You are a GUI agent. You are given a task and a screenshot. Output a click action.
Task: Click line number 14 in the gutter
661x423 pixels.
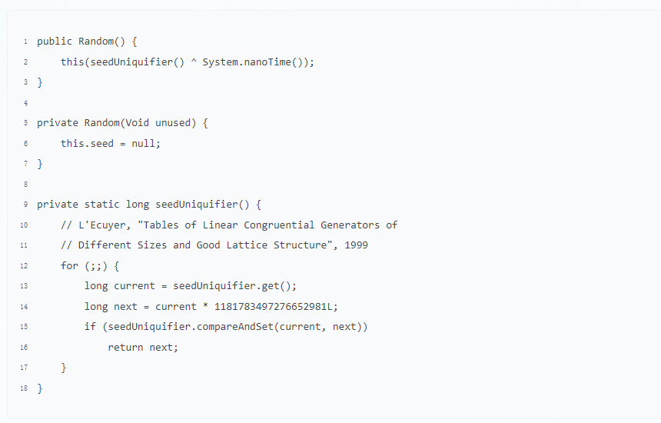[x=24, y=306]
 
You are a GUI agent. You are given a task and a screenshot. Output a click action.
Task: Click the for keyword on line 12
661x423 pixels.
[x=69, y=265]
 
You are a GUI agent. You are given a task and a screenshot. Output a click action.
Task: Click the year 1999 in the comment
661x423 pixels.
[x=356, y=245]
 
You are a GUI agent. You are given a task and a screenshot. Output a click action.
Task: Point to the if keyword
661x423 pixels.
[x=90, y=327]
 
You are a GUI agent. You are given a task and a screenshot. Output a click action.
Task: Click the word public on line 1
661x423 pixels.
[x=55, y=42]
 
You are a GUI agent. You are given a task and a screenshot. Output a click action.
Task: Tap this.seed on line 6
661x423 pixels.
[x=87, y=143]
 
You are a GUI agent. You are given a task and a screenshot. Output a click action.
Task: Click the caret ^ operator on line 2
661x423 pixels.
[x=194, y=62]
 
